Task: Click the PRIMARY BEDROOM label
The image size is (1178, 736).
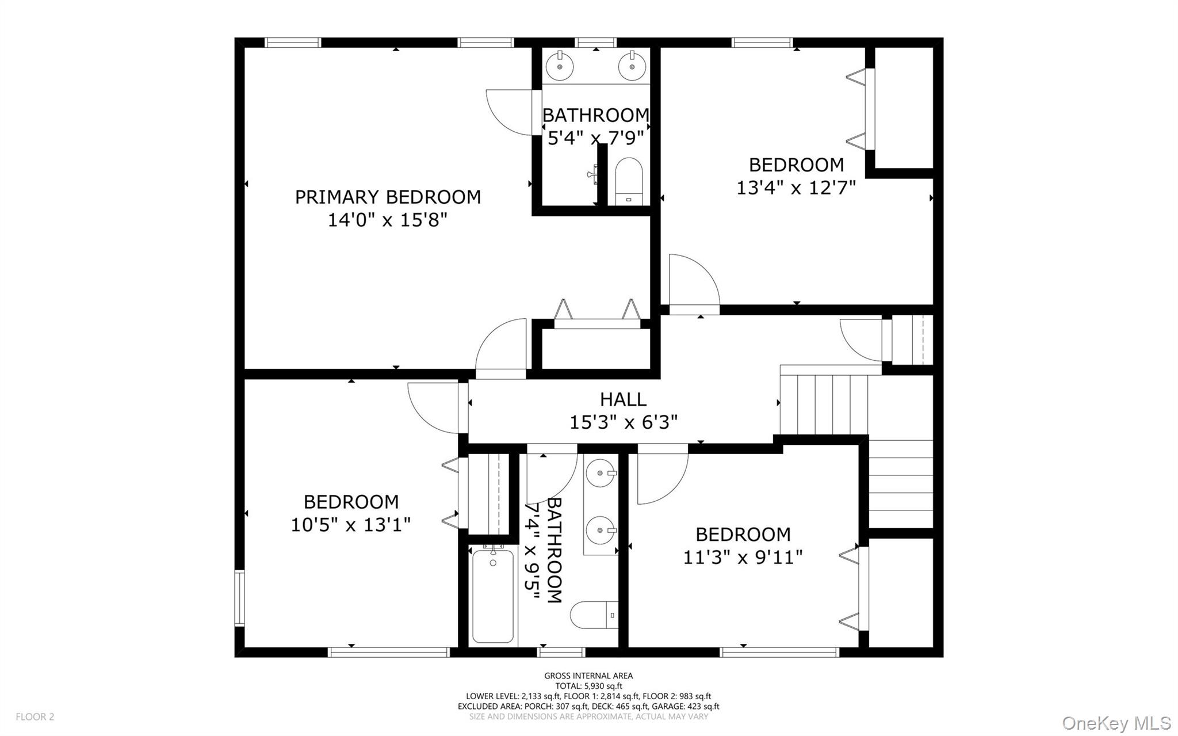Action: (x=388, y=197)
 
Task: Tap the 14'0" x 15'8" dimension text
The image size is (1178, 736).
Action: (x=388, y=220)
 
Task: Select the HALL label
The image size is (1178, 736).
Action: (x=623, y=399)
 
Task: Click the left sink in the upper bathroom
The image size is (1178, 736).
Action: (x=560, y=65)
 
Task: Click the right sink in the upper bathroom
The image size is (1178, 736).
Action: (x=632, y=65)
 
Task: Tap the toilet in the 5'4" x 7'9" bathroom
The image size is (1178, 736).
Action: (x=628, y=180)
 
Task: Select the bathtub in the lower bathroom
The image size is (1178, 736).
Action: (x=493, y=596)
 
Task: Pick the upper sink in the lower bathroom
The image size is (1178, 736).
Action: (x=601, y=473)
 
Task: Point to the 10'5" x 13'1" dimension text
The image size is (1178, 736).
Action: (x=351, y=525)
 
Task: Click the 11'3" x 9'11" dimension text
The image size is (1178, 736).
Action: (x=743, y=558)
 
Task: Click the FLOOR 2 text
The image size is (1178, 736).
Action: (x=35, y=717)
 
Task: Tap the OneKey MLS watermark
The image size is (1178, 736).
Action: (x=1116, y=723)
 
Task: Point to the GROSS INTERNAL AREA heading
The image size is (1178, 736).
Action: (x=588, y=676)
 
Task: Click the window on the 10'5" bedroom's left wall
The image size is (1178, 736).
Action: (x=239, y=597)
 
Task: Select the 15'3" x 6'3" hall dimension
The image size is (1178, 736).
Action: (x=623, y=423)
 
